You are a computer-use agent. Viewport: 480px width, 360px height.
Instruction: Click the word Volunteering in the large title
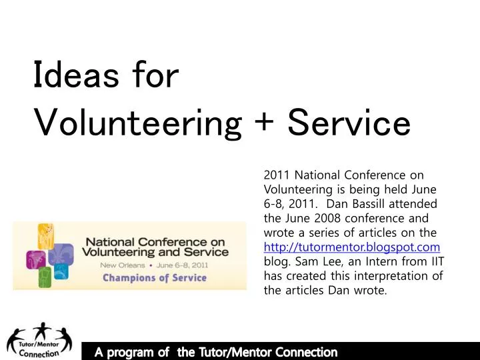click(x=137, y=125)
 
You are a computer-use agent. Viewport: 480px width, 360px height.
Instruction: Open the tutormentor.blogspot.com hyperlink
click(x=352, y=247)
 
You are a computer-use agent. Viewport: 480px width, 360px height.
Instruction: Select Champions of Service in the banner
click(x=154, y=278)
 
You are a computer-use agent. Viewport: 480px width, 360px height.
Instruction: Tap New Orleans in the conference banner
click(x=123, y=265)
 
